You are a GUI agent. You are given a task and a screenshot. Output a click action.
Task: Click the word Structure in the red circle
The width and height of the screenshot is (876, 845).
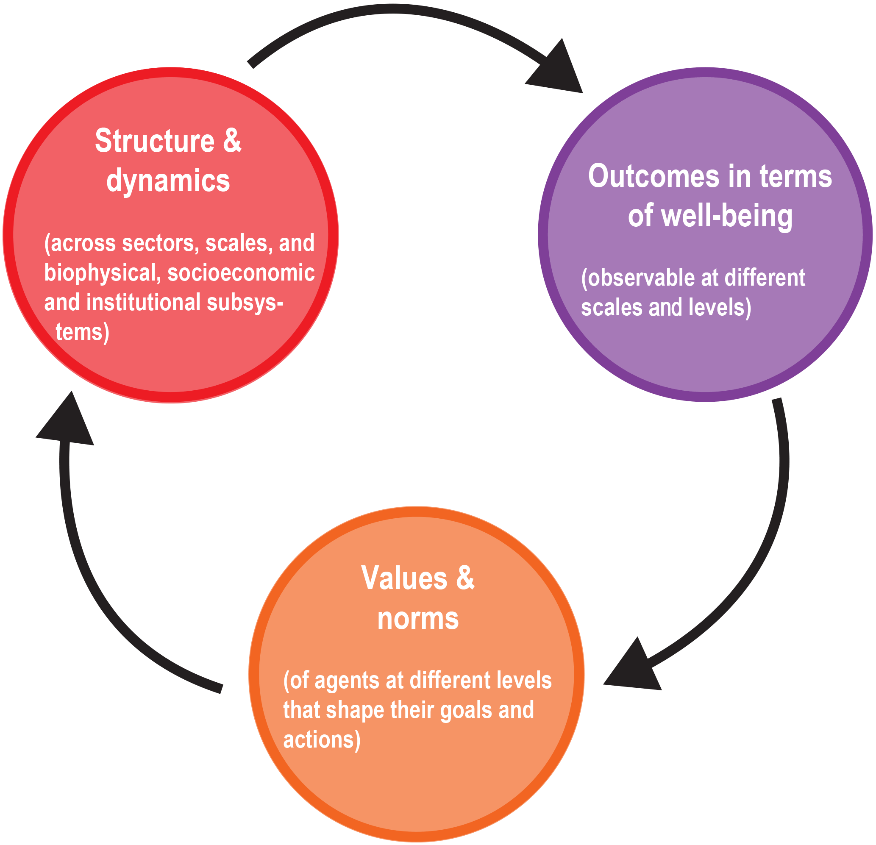tap(155, 141)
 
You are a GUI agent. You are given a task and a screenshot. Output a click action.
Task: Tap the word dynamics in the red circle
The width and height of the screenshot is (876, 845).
tap(168, 181)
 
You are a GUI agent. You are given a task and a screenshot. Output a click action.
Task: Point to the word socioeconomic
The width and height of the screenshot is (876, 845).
tap(241, 273)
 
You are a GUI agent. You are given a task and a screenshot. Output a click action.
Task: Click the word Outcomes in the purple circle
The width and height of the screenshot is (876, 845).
tap(654, 177)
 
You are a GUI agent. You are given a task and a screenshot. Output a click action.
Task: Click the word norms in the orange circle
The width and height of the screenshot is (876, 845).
tap(418, 619)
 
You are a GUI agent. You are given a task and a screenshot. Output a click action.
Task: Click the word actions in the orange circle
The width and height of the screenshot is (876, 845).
tap(320, 740)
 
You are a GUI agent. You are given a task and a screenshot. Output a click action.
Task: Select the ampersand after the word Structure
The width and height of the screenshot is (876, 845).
tap(231, 141)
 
